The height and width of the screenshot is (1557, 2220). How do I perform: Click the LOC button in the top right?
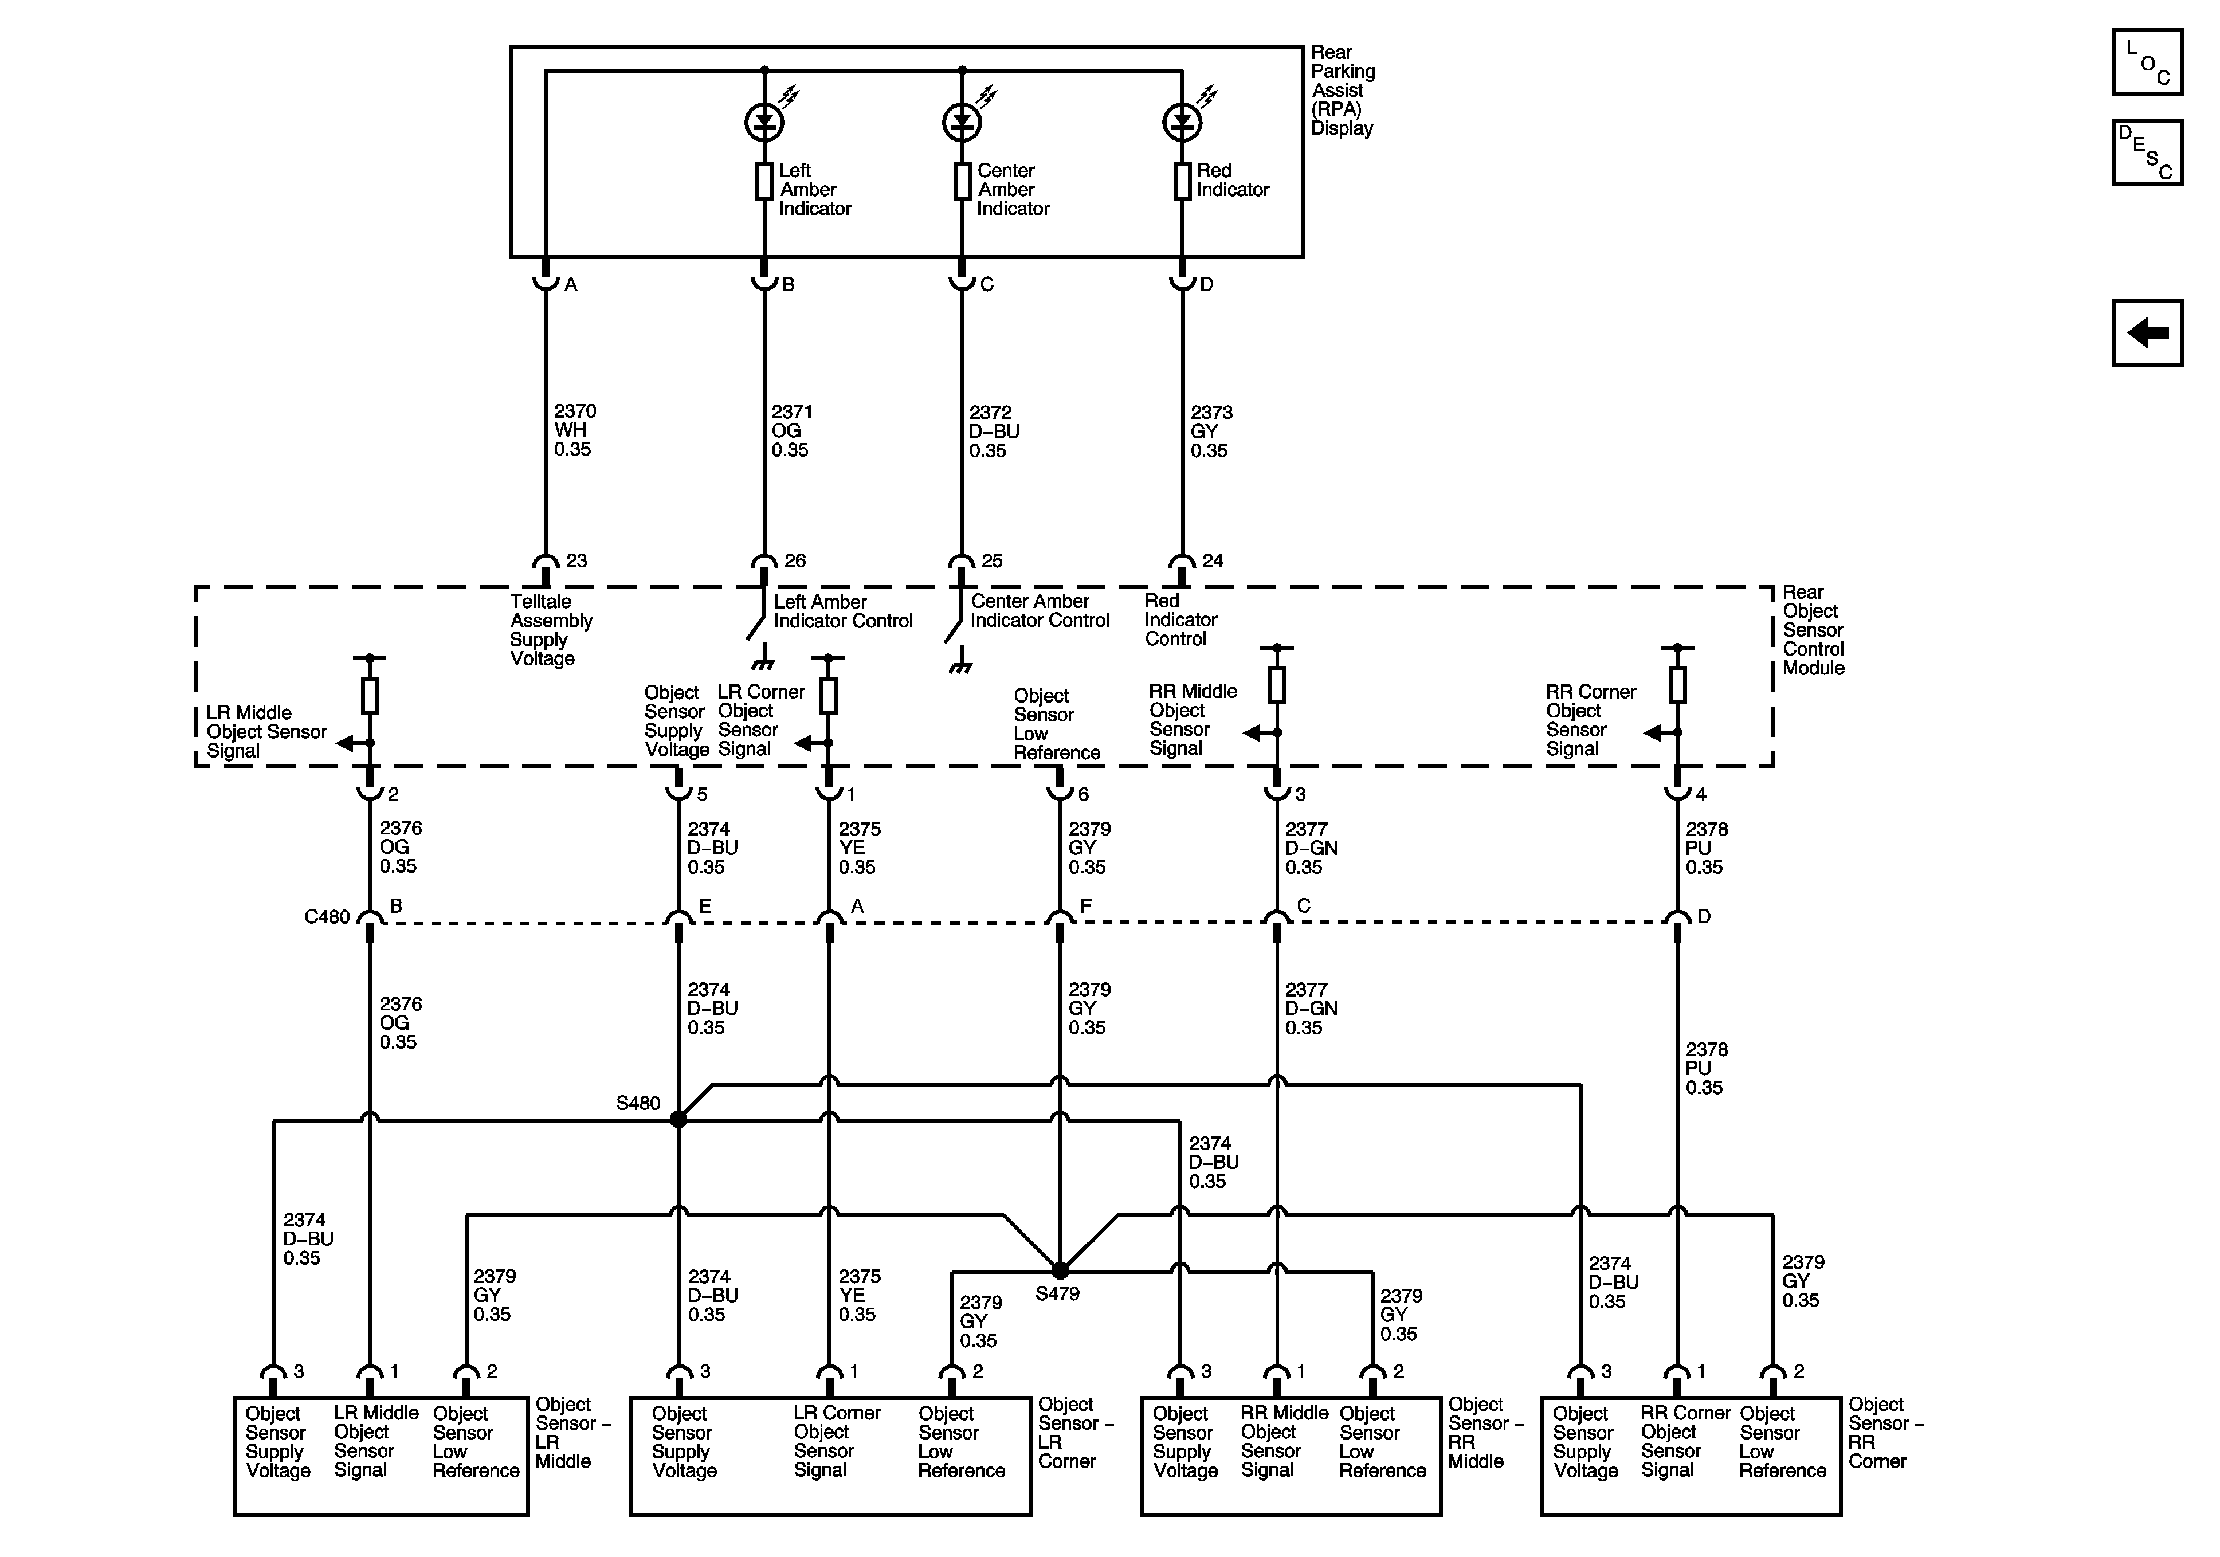pos(2147,63)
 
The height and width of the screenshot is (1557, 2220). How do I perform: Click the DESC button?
pos(2147,152)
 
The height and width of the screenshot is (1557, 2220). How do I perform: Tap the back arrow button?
pos(2147,334)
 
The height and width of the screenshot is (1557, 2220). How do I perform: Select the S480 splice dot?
pos(678,1119)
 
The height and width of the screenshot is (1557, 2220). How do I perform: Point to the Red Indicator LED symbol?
pos(1182,122)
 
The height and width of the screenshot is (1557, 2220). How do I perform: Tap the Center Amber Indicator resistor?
pos(962,181)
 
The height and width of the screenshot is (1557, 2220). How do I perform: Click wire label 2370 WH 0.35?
pos(574,430)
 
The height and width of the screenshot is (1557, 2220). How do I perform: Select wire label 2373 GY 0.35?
pos(1210,432)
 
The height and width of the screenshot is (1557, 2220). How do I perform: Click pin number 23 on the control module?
pos(577,561)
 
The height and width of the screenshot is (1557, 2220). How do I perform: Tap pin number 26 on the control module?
pos(795,561)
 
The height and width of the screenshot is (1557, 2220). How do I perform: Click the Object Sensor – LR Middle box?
pos(381,1456)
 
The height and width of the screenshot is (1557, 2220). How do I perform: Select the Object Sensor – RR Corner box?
pos(1690,1456)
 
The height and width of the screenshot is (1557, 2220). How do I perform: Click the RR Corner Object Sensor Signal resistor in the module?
pos(1677,685)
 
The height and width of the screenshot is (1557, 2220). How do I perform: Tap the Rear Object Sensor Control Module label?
pos(1813,630)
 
